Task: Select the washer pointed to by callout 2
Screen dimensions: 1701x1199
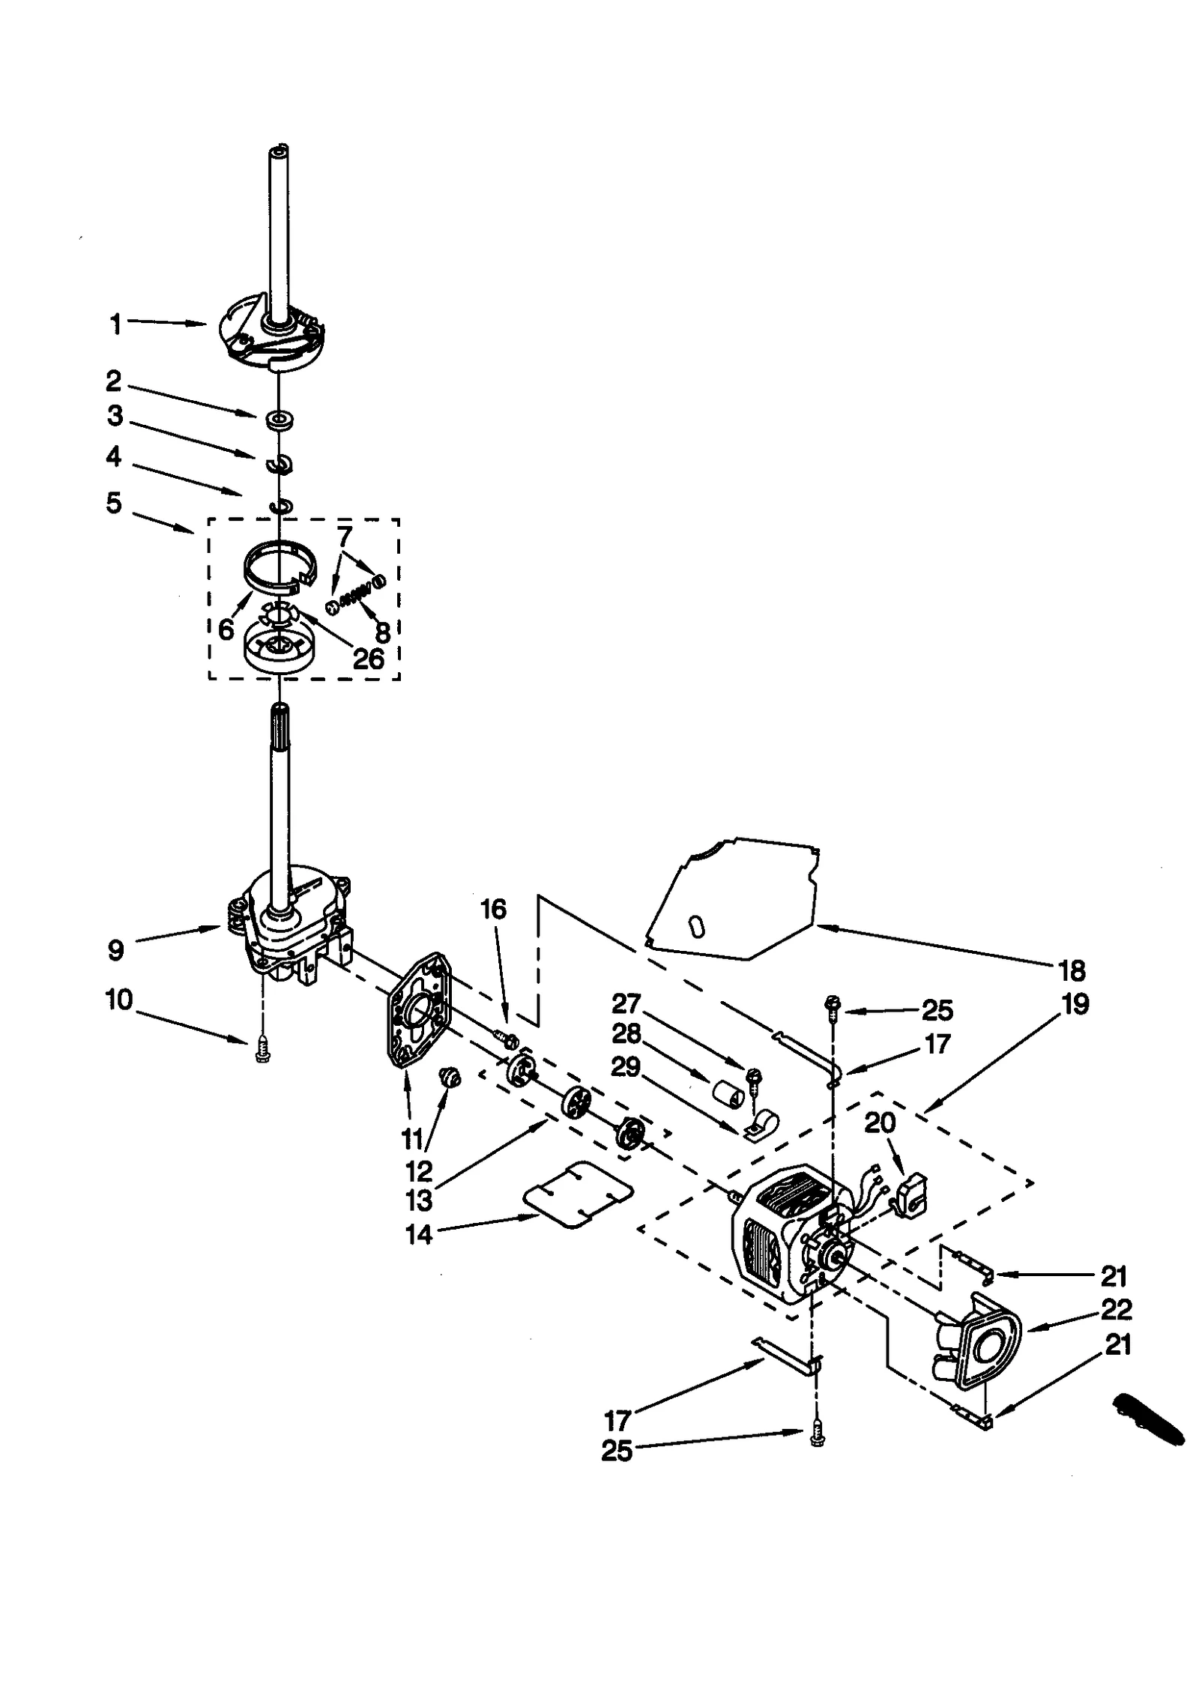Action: point(280,419)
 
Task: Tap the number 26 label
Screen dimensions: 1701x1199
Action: point(368,659)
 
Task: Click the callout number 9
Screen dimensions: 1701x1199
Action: point(115,950)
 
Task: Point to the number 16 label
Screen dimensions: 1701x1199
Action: point(493,909)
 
